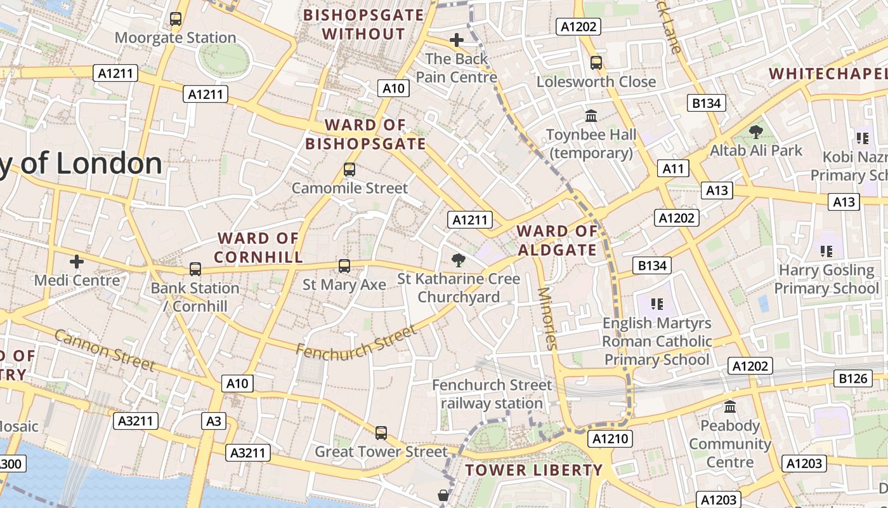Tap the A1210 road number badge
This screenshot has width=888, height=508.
(x=611, y=439)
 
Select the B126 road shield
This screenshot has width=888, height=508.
(x=852, y=379)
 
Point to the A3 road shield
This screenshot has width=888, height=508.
(x=214, y=421)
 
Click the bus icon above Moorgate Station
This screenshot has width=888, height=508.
(x=176, y=19)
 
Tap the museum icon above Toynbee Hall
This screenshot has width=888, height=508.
(x=591, y=116)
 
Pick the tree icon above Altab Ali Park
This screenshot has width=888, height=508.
(x=755, y=132)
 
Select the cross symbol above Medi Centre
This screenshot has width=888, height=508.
(x=77, y=261)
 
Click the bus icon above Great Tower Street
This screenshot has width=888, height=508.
(x=381, y=432)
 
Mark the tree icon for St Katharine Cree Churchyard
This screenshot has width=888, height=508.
(x=458, y=260)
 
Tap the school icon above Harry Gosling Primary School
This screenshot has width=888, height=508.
(x=826, y=251)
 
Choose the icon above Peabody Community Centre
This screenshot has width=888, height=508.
(x=730, y=406)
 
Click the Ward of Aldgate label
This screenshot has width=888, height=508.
(x=558, y=241)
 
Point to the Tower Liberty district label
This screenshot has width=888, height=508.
(x=533, y=471)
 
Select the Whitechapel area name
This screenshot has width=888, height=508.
(x=828, y=74)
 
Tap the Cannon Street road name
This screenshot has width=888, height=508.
(x=105, y=350)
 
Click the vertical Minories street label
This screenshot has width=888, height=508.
(x=547, y=319)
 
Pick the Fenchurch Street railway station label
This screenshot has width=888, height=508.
(x=492, y=394)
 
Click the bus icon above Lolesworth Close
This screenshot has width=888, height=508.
(x=596, y=62)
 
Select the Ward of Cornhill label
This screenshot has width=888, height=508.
(x=258, y=248)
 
